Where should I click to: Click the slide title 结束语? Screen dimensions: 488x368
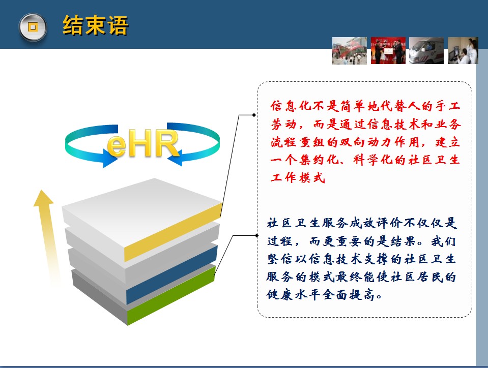95,25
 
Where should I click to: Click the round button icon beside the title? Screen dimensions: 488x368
33,27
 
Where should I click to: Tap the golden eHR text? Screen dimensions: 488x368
143,143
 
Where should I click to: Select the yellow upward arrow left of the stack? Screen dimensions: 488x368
47,236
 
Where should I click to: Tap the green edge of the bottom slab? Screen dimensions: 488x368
170,295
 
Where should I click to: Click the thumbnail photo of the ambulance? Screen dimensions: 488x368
426,51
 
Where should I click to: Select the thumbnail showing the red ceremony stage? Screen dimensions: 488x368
388,51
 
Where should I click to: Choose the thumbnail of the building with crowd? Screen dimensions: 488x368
350,51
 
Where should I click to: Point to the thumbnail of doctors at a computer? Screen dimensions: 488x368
463,51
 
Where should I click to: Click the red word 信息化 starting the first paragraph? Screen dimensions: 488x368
291,106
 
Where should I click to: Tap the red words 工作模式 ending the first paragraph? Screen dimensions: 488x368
298,178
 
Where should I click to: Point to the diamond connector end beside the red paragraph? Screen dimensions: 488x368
254,115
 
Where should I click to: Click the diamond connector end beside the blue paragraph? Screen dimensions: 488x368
256,236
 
